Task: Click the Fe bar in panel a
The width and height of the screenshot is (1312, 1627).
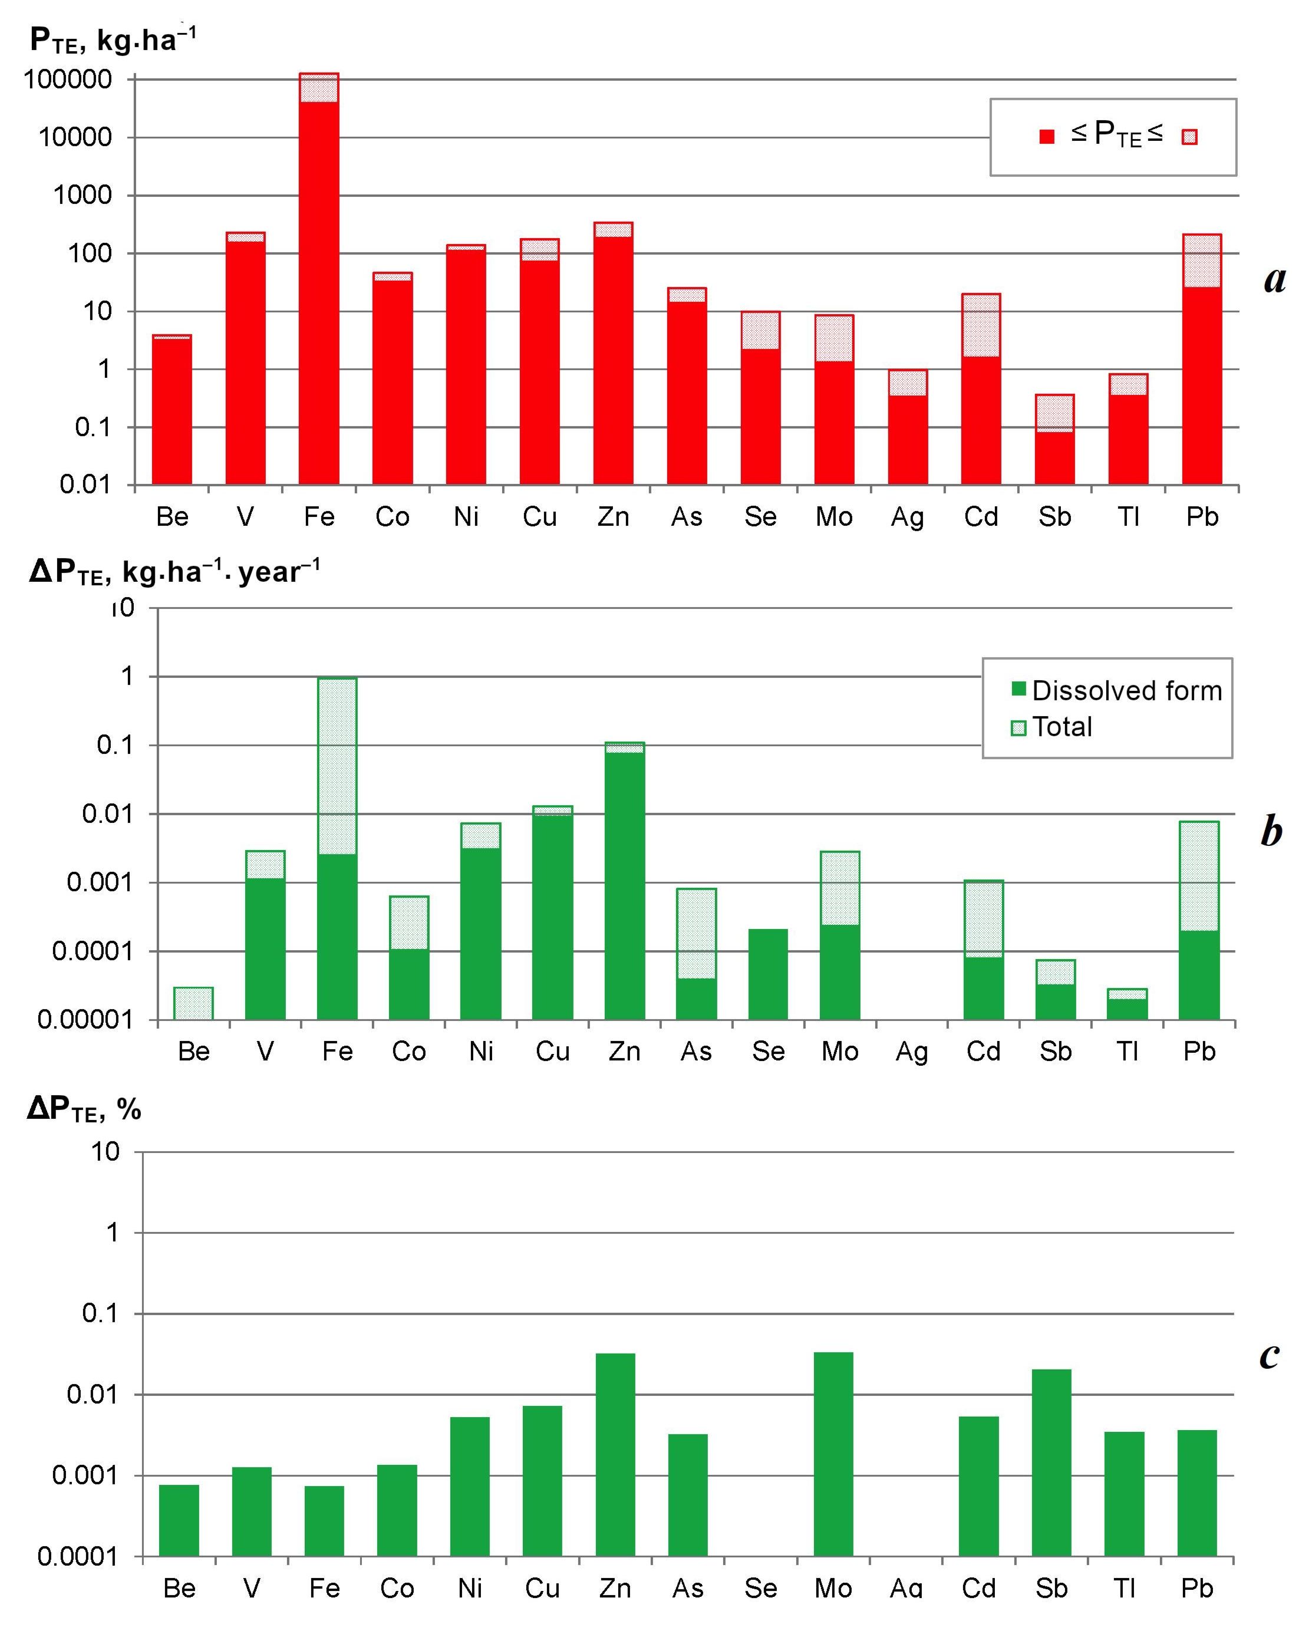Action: pos(319,279)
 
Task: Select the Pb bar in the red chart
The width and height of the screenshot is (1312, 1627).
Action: pos(1202,363)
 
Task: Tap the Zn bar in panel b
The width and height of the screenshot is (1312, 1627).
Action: pos(624,884)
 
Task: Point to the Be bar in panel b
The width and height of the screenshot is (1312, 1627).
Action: pos(193,1003)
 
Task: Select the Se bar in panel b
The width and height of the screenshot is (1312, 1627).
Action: pos(768,975)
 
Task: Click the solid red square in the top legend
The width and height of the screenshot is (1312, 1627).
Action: pos(1047,137)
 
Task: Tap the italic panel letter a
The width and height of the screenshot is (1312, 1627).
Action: pos(1275,279)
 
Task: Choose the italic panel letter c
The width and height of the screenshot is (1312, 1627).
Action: pos(1270,1355)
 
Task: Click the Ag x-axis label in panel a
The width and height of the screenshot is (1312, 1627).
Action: pos(907,518)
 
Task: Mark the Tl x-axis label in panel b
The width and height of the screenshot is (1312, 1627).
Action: pos(1127,1052)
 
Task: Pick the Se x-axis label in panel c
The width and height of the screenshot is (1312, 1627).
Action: pos(760,1589)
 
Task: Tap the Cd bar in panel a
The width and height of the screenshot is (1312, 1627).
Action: pos(981,389)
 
